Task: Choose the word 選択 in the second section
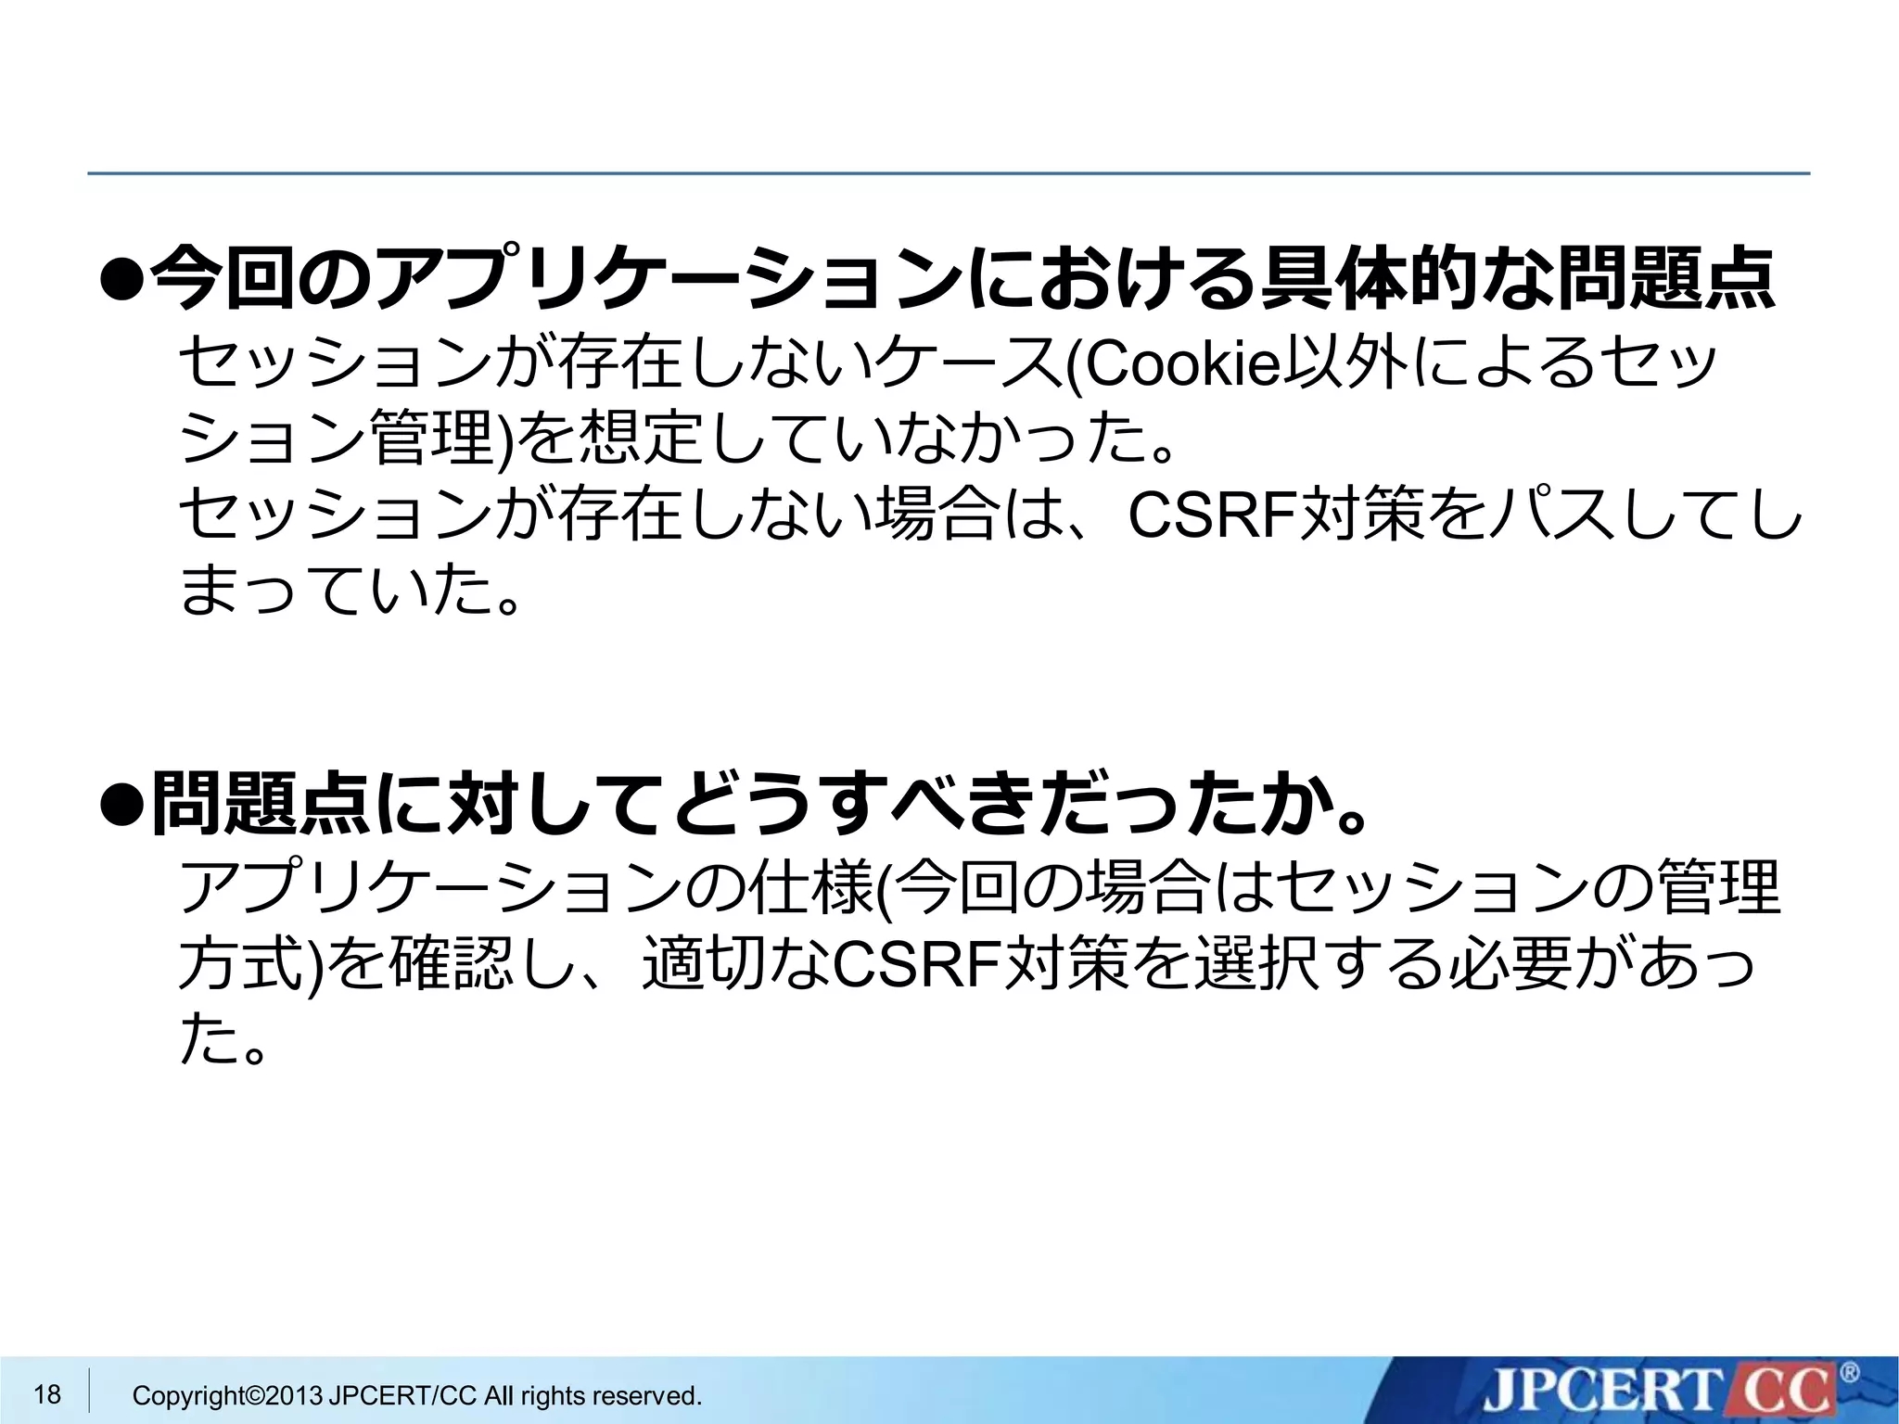pos(1254,964)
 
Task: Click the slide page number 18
pos(47,1393)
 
